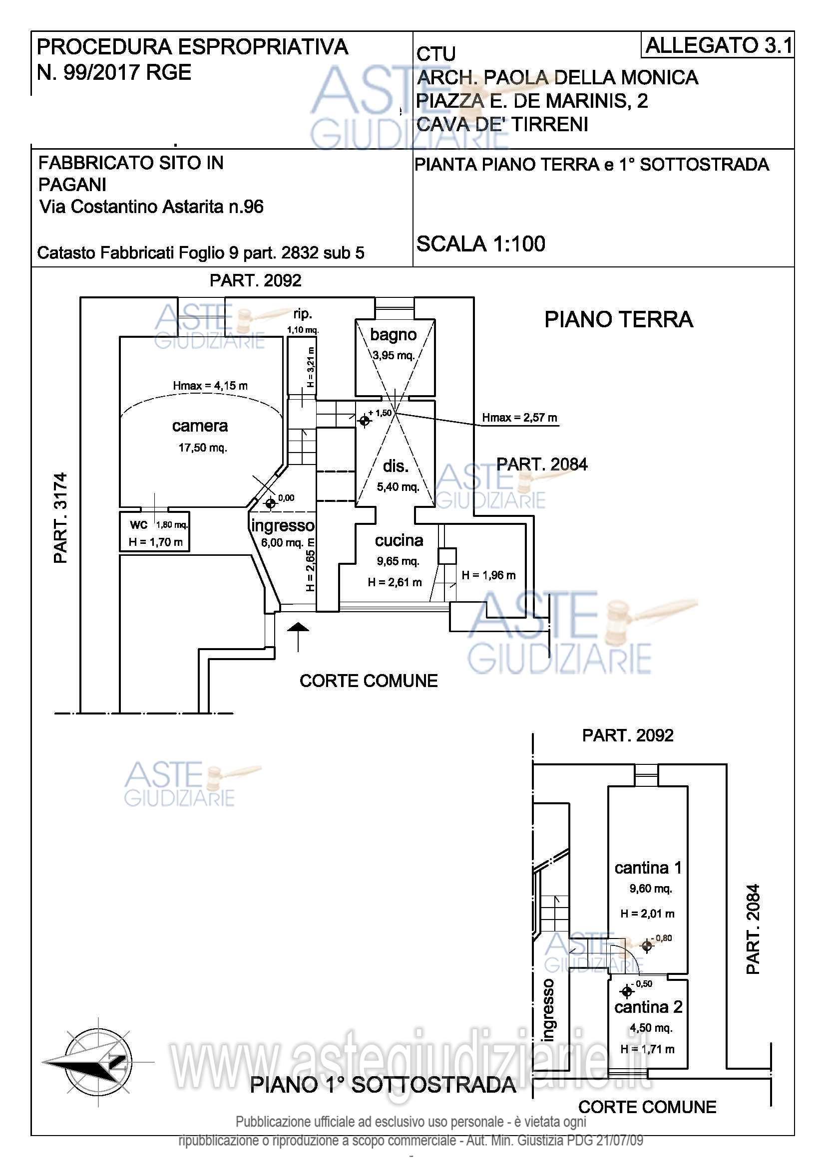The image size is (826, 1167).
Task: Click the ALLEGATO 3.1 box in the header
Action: point(718,45)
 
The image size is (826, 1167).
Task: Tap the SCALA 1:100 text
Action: point(480,244)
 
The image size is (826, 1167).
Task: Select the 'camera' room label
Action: point(200,426)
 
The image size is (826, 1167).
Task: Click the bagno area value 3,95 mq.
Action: point(393,355)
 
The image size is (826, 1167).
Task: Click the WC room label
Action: point(138,525)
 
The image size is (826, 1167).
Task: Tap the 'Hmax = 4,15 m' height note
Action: point(210,386)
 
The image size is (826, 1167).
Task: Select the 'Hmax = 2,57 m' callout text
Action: point(519,418)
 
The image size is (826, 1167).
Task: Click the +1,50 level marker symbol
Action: point(364,420)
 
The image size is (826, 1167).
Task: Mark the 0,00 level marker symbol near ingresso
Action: point(271,503)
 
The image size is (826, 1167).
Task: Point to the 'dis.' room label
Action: point(396,466)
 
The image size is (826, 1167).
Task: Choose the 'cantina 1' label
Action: point(648,868)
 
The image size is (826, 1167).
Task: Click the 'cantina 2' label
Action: point(648,1007)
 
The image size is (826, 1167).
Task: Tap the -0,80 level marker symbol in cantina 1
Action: point(646,946)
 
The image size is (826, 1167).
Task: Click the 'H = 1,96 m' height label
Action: point(488,575)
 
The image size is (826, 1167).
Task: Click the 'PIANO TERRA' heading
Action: point(618,320)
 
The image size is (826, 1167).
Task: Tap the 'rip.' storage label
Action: point(303,314)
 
